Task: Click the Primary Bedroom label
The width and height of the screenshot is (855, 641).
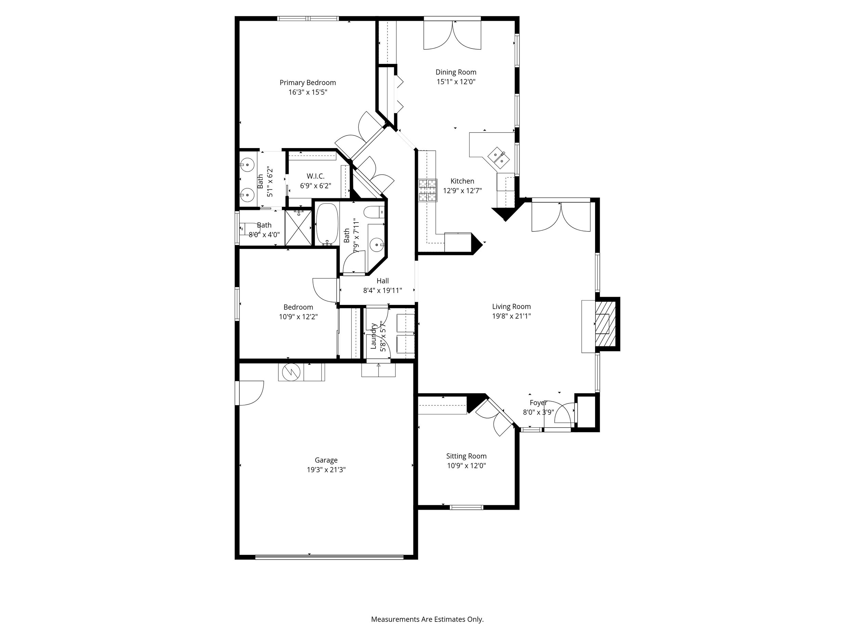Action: click(308, 83)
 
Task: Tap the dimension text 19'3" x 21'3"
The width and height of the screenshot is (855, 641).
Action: click(326, 470)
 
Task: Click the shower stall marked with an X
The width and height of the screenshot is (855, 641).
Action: click(298, 228)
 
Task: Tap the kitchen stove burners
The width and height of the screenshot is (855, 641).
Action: click(427, 190)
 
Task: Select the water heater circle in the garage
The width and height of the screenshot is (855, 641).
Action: click(291, 372)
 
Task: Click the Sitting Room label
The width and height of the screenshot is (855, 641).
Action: click(466, 456)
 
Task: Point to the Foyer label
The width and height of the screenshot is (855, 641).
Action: click(538, 403)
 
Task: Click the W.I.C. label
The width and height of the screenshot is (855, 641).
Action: click(315, 176)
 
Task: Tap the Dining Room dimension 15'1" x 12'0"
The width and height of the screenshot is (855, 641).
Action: click(456, 81)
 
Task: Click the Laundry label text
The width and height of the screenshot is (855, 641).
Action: click(373, 336)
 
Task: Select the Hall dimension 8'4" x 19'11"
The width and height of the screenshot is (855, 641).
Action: click(382, 291)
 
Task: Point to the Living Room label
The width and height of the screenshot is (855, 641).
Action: click(511, 306)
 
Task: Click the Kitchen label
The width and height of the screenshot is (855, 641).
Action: click(462, 181)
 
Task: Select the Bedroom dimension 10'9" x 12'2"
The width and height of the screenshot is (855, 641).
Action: click(298, 317)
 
